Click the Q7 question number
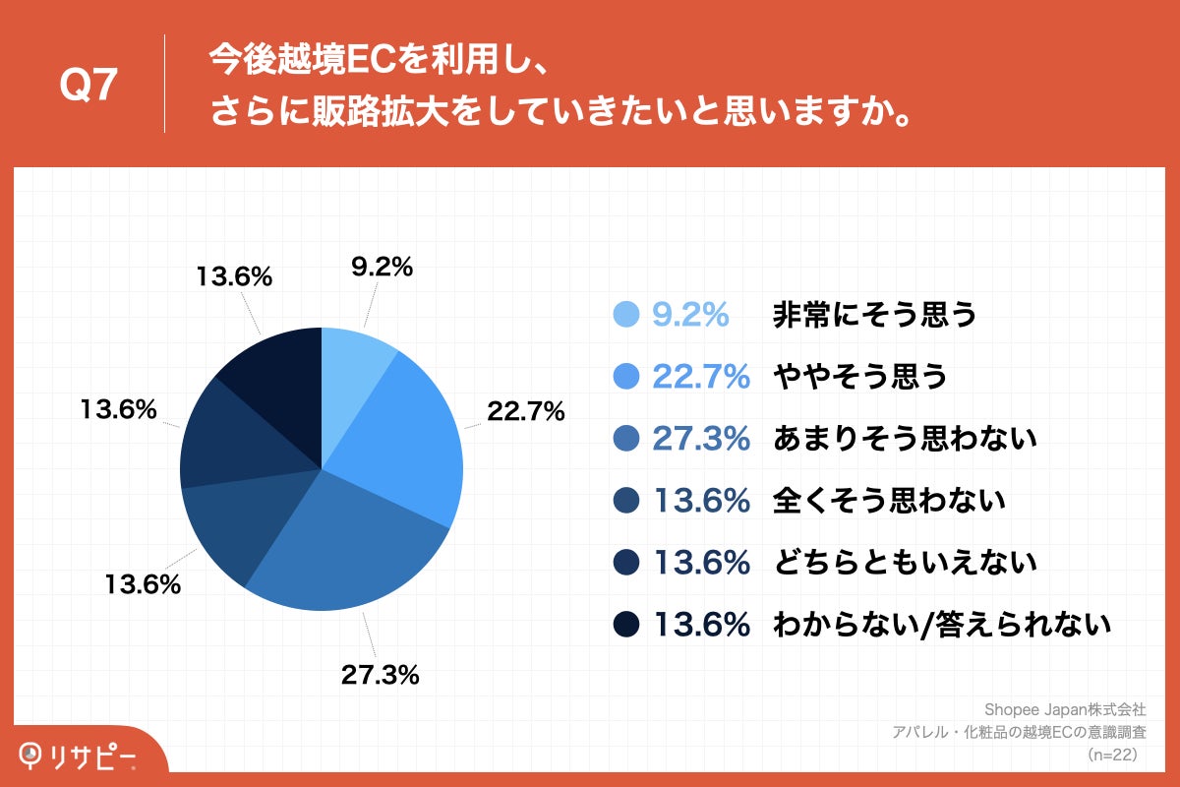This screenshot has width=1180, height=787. coord(88,86)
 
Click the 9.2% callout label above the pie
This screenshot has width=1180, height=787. coord(381,267)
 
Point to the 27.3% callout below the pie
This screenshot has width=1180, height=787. coord(381,674)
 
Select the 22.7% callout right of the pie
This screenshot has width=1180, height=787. coord(525,411)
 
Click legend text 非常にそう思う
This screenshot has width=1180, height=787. coord(874,314)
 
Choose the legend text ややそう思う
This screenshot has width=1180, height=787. coord(859,376)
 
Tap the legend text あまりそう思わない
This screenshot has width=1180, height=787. coord(905,438)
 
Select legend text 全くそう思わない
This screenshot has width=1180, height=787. coord(889,501)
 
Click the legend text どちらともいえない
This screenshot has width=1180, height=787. coord(905,563)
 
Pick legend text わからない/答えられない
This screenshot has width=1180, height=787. coord(941,624)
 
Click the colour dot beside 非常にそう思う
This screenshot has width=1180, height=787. coord(626,314)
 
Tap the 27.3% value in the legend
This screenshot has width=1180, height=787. coord(700,438)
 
